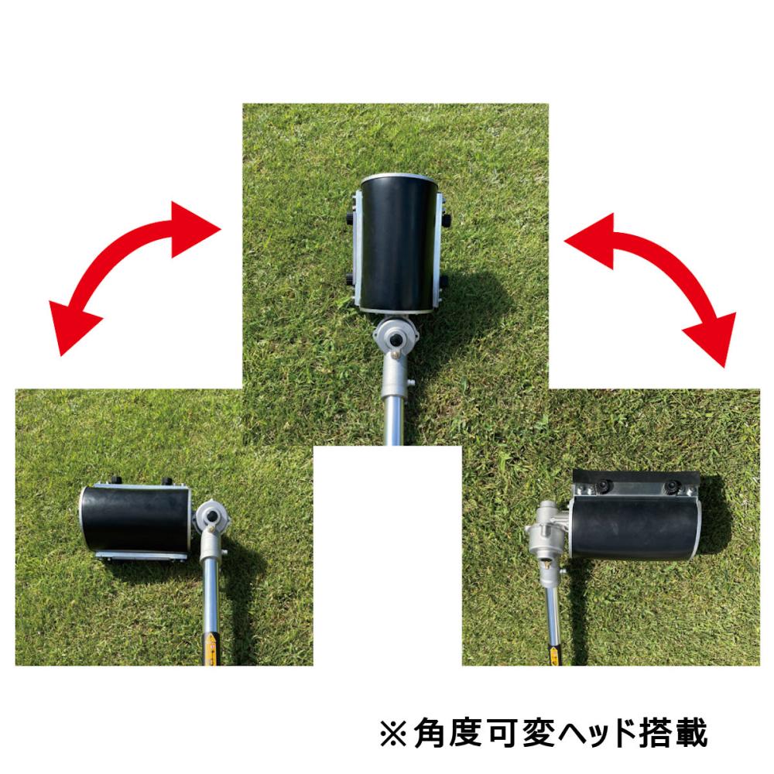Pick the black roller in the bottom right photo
[x=635, y=527]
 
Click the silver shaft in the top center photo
[x=393, y=417]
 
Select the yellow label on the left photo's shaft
[x=211, y=649]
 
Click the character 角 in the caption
[x=430, y=733]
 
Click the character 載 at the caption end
[x=691, y=733]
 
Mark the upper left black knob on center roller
[x=351, y=217]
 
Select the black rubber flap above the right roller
[x=635, y=478]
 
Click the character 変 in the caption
[x=533, y=733]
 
